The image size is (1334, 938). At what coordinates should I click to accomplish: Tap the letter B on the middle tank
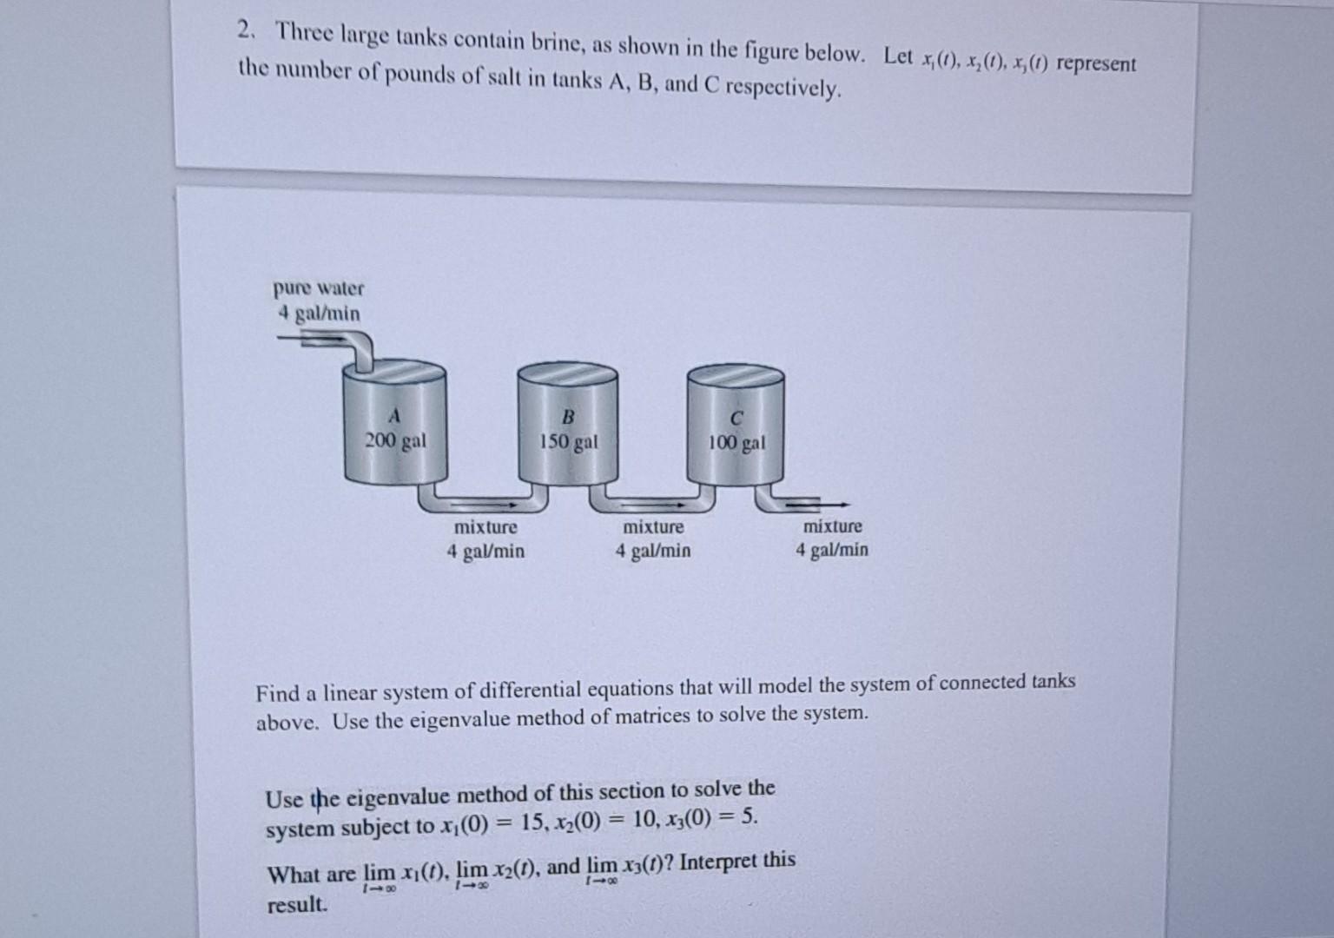[x=569, y=416]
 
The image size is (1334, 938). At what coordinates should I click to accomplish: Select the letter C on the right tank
[x=736, y=419]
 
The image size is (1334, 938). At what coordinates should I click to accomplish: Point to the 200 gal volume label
[x=395, y=440]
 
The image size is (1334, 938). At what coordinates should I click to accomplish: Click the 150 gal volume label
[x=569, y=442]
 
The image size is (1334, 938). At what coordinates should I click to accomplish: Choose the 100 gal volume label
[x=736, y=443]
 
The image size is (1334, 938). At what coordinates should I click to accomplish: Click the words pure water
[x=319, y=287]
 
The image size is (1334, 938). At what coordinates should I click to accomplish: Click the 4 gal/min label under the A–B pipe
[x=485, y=551]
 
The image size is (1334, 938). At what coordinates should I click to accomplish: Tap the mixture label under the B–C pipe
[x=653, y=527]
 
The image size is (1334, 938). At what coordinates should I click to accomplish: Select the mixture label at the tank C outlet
[x=833, y=526]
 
